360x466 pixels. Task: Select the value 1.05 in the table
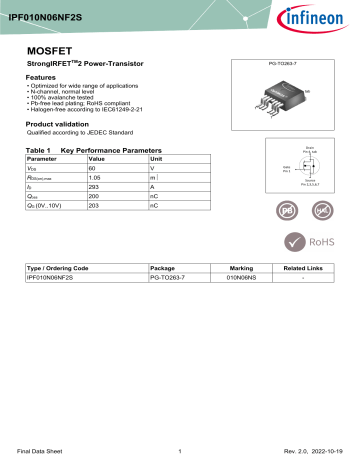click(96, 177)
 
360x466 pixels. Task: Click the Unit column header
click(156, 159)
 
